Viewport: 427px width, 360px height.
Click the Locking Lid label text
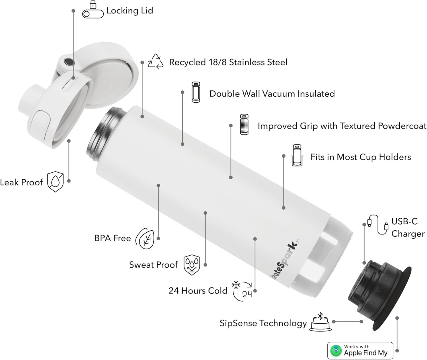[x=130, y=11]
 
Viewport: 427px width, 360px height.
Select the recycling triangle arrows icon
[x=155, y=61]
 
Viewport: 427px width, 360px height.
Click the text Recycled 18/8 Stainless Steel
[x=228, y=62]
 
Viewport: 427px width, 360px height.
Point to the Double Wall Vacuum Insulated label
[x=272, y=94]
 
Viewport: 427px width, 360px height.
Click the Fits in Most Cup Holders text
[x=361, y=157]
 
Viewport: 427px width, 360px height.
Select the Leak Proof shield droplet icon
[x=55, y=181]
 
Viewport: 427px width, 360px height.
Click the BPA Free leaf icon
[x=145, y=238]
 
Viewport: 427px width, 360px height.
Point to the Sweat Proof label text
[x=153, y=265]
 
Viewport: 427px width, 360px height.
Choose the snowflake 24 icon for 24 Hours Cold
[x=242, y=290]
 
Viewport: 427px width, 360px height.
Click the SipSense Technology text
[x=263, y=323]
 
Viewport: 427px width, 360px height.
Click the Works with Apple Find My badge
[x=360, y=351]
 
